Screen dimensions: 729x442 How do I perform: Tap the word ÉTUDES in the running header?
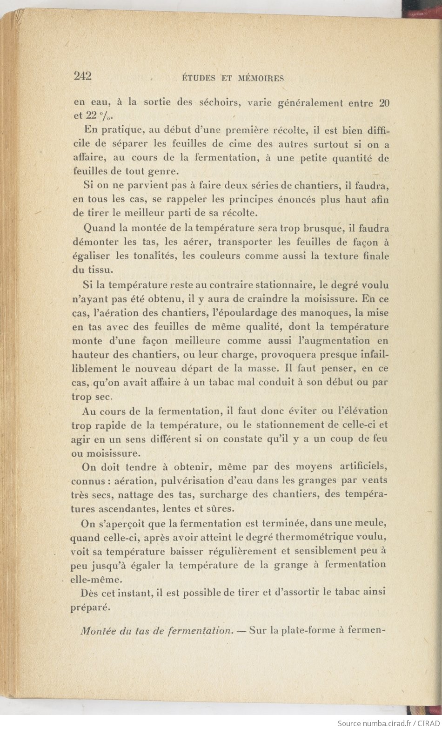(x=198, y=78)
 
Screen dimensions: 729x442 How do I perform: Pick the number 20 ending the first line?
(x=384, y=103)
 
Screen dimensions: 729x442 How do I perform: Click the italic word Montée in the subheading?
(x=96, y=632)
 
